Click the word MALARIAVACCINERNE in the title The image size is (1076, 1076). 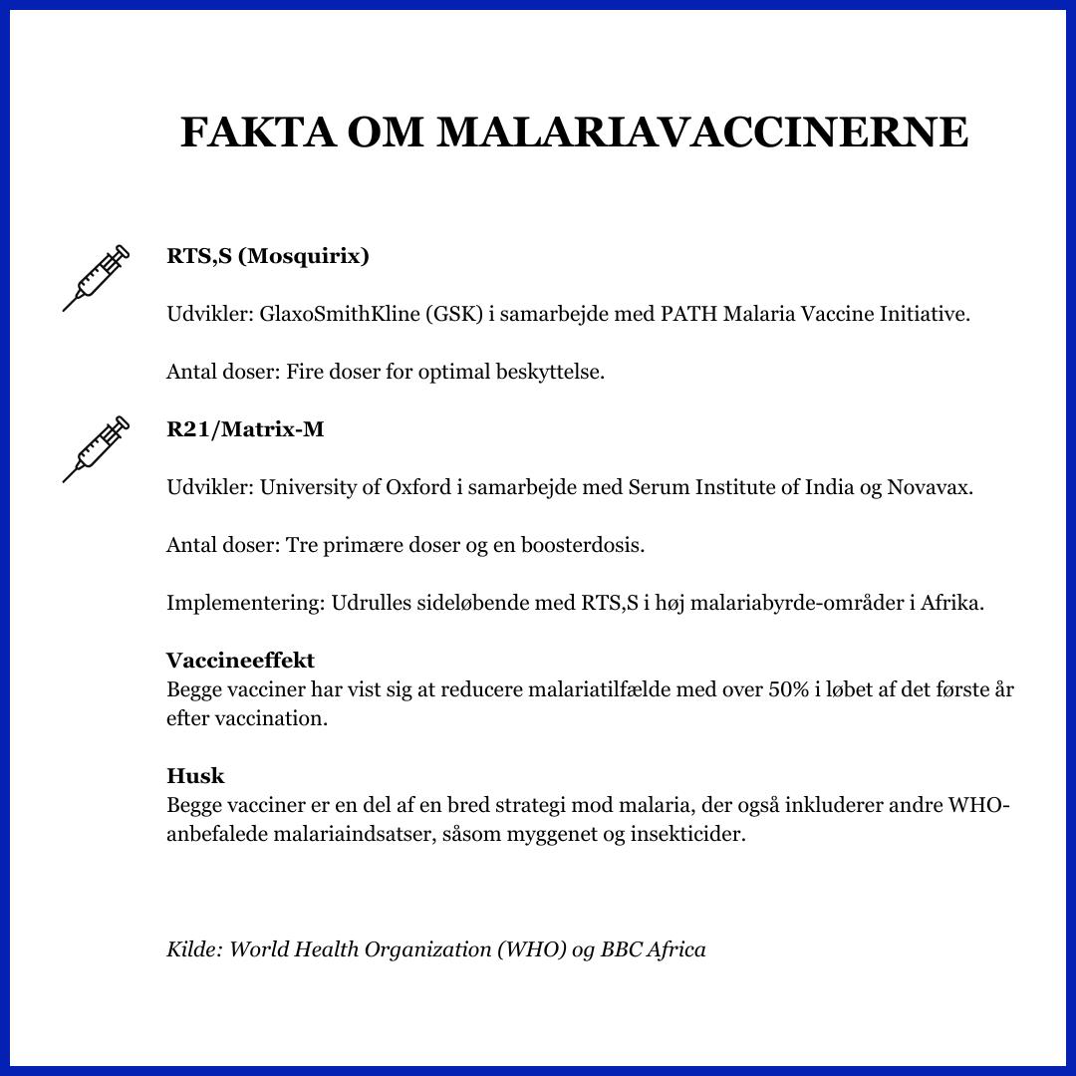(x=702, y=133)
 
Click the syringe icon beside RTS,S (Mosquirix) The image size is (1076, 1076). (x=96, y=277)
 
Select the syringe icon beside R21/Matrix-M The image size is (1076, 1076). (x=96, y=449)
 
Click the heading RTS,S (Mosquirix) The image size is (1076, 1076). (x=268, y=256)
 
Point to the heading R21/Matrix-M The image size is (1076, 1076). (x=245, y=429)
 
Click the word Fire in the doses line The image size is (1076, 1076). (x=303, y=373)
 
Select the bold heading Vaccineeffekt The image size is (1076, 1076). (x=240, y=661)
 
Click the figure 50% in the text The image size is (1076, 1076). (x=788, y=689)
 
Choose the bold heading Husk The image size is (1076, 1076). (x=195, y=776)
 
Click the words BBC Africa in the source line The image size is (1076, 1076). (x=653, y=949)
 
